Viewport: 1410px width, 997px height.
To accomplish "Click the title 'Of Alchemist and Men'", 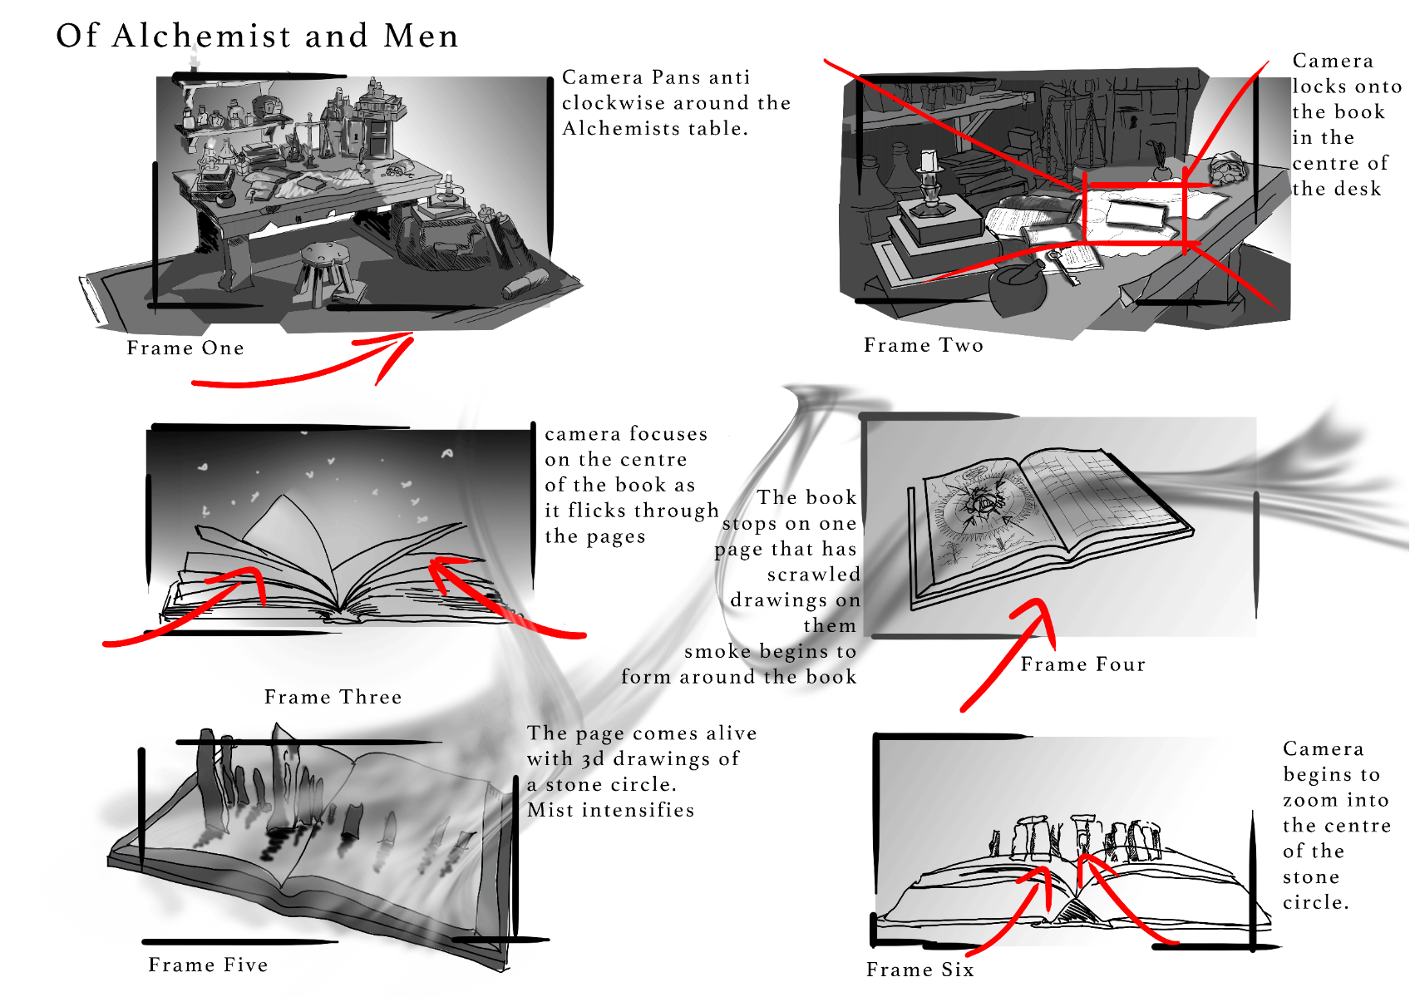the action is pos(257,35).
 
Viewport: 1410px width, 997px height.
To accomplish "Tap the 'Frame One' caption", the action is pos(185,348).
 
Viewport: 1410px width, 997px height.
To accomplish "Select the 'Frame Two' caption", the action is pos(924,345).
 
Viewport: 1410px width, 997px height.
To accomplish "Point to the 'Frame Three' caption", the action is pos(333,697).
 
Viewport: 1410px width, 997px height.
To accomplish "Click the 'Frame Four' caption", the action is pos(1082,664).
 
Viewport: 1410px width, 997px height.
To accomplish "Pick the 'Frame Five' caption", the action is pos(209,965).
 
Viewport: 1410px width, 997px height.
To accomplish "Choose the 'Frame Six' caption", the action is pos(920,970).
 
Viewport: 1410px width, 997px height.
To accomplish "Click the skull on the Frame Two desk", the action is pos(1227,167).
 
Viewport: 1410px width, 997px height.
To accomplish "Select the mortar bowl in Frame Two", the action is pos(1018,289).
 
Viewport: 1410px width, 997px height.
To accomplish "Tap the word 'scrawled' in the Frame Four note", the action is pos(813,574).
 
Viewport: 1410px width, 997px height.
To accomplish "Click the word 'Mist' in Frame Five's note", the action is pos(550,810).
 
